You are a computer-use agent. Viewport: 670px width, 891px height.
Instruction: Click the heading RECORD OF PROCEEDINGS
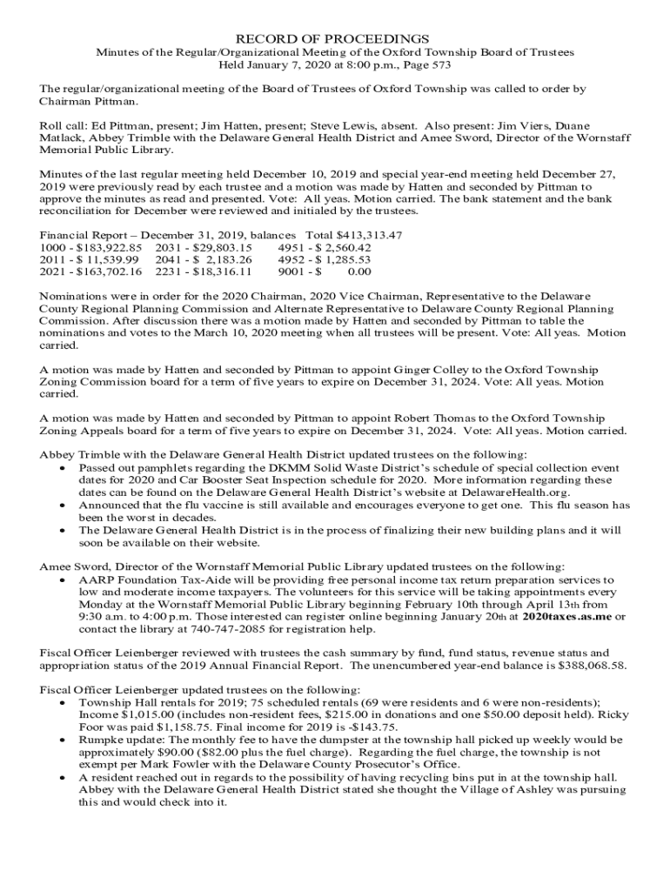click(x=334, y=39)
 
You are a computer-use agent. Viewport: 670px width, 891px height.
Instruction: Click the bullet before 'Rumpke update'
click(x=62, y=740)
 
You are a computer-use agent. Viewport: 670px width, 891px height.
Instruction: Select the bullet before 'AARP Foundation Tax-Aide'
click(x=62, y=579)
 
